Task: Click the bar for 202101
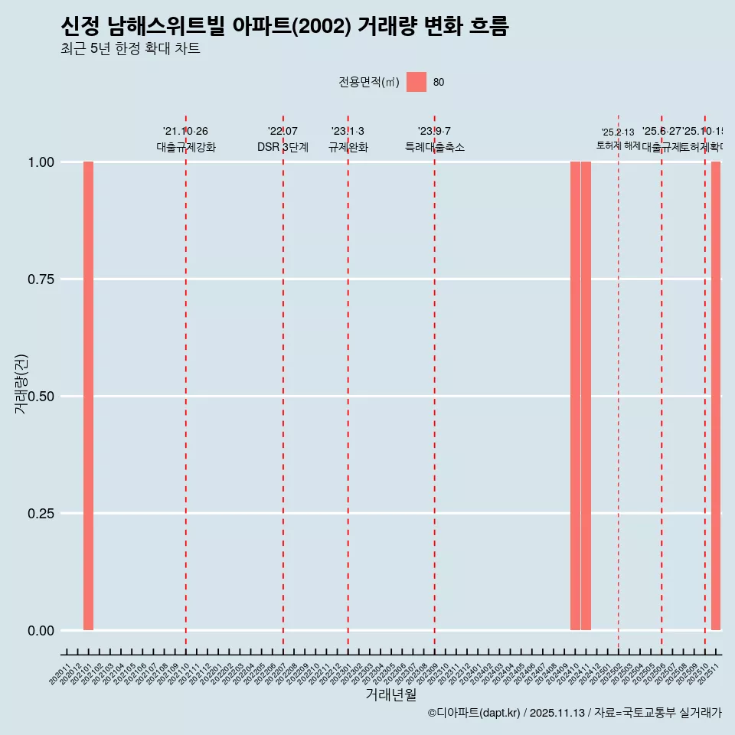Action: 88,396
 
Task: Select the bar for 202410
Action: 575,396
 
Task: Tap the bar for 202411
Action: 586,396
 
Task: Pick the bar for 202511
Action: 716,396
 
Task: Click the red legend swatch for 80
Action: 416,82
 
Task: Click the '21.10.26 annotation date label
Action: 185,132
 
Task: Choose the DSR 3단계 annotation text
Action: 283,148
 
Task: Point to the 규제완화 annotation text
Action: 348,148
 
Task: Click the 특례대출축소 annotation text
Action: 435,148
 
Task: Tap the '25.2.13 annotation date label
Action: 618,132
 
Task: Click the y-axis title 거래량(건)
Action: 21,384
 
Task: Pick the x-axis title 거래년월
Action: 390,695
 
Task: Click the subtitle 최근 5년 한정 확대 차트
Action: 130,49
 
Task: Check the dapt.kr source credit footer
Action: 574,713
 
